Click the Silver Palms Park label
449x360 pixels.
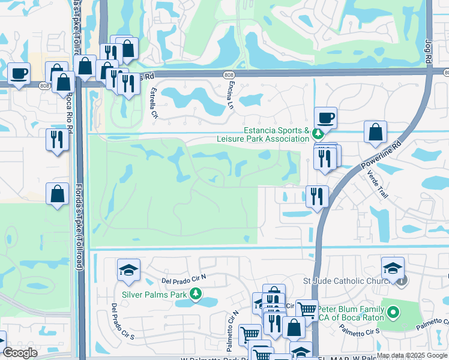point(155,295)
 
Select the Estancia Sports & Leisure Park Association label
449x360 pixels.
point(263,134)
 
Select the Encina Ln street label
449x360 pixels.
point(231,95)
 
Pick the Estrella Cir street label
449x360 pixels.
point(154,103)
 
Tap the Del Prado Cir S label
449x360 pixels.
point(114,322)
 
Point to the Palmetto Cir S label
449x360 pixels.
point(360,330)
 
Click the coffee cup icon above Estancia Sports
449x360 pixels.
point(325,117)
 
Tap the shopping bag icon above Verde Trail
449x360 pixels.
point(375,132)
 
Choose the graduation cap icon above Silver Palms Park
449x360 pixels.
point(128,270)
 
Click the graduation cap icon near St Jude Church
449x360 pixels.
point(393,268)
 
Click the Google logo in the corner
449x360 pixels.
point(20,353)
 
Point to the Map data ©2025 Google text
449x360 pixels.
point(412,355)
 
